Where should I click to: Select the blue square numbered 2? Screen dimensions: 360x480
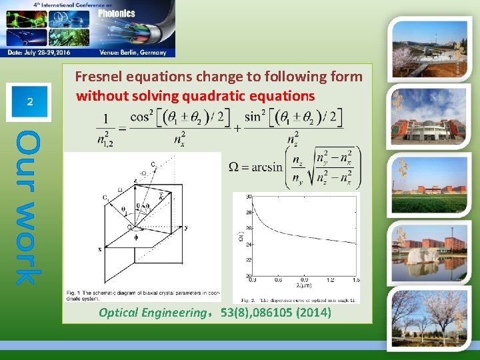click(29, 102)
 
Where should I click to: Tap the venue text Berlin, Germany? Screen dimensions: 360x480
click(145, 52)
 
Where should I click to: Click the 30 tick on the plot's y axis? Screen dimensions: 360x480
click(248, 197)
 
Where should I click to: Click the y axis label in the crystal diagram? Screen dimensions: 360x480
click(187, 227)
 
